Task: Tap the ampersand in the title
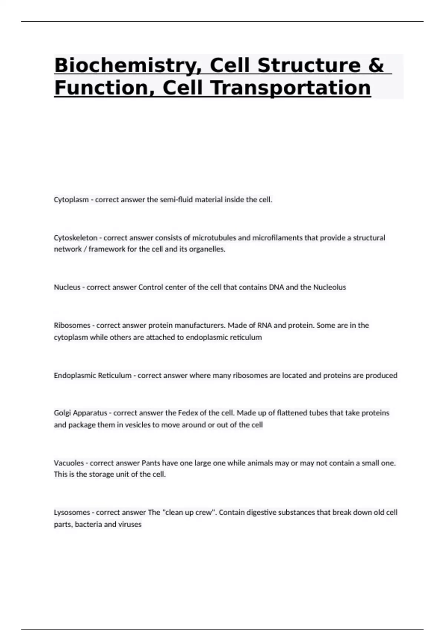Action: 376,65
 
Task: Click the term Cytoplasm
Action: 71,200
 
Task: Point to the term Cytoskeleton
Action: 76,238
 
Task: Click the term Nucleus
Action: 67,287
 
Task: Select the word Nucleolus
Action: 330,287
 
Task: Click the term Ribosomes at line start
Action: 72,325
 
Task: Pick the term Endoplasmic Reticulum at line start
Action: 93,375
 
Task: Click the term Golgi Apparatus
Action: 80,413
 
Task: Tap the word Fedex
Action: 188,413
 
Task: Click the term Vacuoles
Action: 69,463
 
